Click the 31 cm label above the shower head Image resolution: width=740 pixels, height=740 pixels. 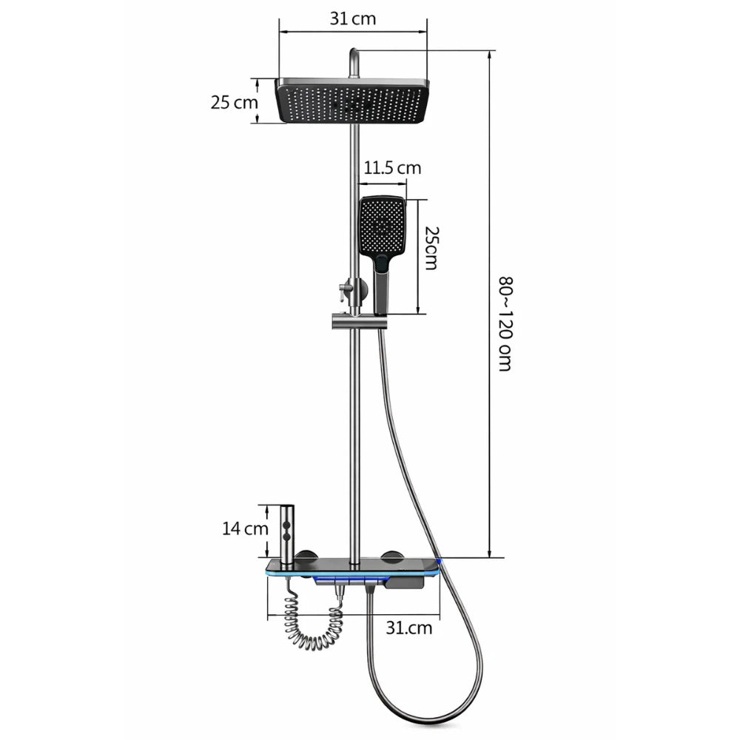pyautogui.click(x=352, y=19)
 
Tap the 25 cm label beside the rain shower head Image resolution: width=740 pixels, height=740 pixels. pyautogui.click(x=234, y=102)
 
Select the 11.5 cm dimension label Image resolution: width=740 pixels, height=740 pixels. pyautogui.click(x=392, y=168)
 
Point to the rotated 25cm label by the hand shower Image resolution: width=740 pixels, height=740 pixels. pyautogui.click(x=431, y=248)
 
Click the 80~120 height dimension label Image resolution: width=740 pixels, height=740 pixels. pyautogui.click(x=505, y=324)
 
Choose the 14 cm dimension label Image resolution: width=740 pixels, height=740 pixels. pyautogui.click(x=245, y=528)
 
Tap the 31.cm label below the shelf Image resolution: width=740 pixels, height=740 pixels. pyautogui.click(x=408, y=628)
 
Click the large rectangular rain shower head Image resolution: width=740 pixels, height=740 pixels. pyautogui.click(x=352, y=101)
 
